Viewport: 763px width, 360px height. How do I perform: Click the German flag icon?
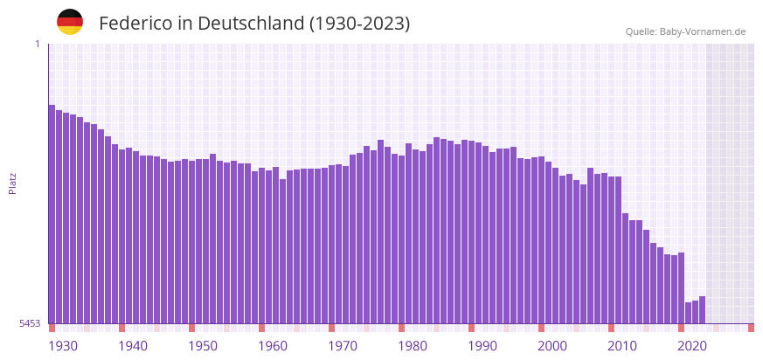click(x=70, y=22)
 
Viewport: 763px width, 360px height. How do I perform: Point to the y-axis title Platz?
click(x=13, y=183)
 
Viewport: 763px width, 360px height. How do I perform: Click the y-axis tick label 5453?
click(x=30, y=323)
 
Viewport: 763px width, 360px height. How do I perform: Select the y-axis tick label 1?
click(x=38, y=44)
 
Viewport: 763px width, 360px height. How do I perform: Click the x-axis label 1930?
click(x=63, y=346)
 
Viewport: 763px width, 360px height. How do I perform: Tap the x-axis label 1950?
click(x=203, y=346)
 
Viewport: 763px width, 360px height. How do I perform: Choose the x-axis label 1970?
click(x=343, y=346)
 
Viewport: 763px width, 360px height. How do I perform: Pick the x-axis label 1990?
click(x=482, y=346)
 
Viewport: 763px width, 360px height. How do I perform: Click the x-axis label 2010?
click(x=622, y=346)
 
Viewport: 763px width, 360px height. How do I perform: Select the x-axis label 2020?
click(x=692, y=346)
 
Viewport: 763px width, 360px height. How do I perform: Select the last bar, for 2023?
click(x=702, y=310)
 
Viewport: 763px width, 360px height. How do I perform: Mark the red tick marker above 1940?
click(x=121, y=328)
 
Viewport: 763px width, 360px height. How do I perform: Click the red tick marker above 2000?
click(x=541, y=328)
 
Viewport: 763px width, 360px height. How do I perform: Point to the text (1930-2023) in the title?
click(x=359, y=24)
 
